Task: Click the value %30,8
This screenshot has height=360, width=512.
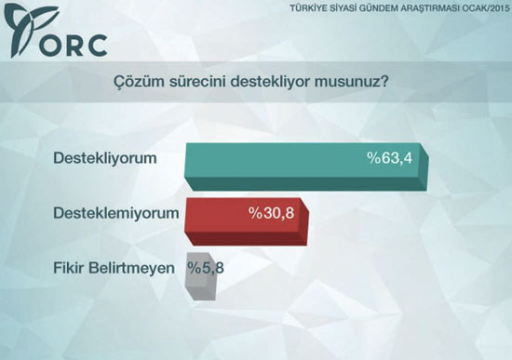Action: [x=271, y=213]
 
